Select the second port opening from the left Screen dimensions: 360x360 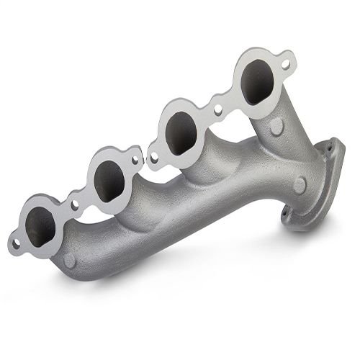coord(109,180)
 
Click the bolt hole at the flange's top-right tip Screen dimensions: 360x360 coord(285,64)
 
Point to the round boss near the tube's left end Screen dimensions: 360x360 coord(69,260)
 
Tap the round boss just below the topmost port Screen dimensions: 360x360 coord(276,127)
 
